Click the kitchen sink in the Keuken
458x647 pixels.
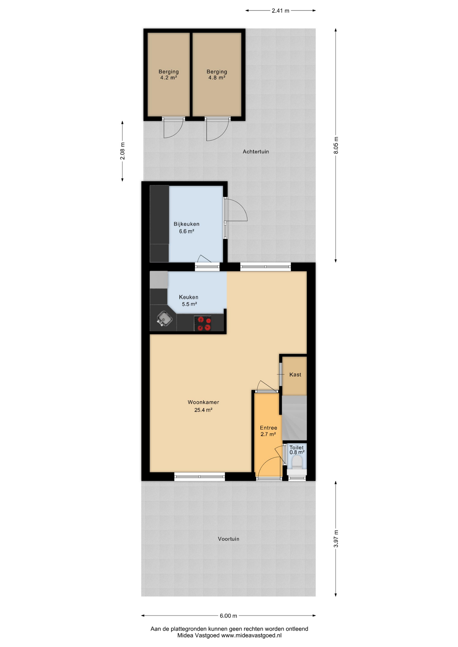(164, 318)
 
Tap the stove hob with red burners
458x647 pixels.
(203, 323)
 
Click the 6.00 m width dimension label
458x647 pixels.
(228, 616)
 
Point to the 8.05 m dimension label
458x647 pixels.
(336, 146)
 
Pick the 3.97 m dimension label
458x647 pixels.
(336, 539)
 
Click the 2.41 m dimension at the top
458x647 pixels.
(280, 11)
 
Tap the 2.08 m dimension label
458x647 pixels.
(122, 151)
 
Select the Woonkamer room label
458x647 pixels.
(203, 402)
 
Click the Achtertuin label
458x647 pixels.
(256, 152)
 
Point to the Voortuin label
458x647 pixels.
(228, 539)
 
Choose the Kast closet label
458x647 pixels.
(295, 375)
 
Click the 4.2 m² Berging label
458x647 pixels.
(169, 78)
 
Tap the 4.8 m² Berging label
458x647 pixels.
(217, 78)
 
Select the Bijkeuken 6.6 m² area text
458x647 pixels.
(187, 232)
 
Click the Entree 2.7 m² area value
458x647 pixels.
(268, 434)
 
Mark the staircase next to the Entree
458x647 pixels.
(294, 418)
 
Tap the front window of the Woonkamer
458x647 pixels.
(200, 476)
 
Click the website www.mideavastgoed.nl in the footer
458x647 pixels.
(251, 636)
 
